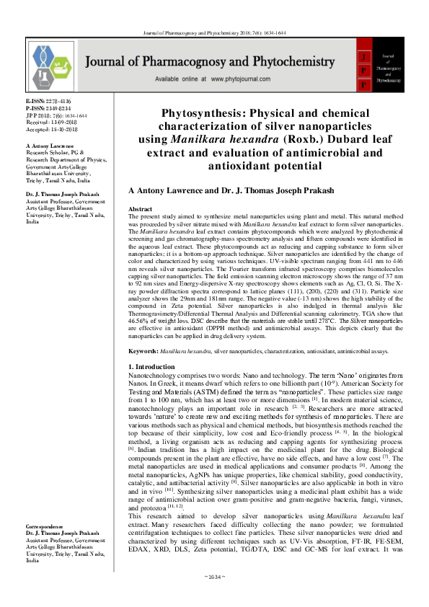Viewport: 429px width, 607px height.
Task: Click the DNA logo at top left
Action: click(51, 64)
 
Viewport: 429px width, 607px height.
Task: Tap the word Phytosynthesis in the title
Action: click(205, 114)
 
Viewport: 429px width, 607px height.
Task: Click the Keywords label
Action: click(143, 351)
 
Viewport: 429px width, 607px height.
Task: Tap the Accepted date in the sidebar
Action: click(50, 127)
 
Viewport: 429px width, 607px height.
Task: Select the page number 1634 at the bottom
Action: click(214, 597)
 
